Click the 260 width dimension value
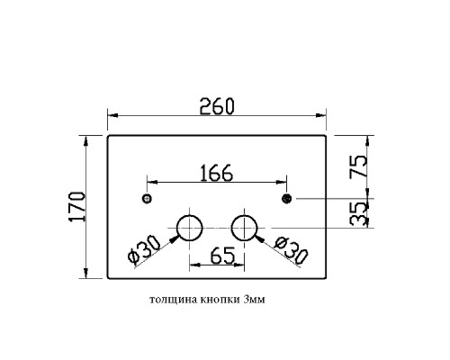[217, 106]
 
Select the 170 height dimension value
[77, 207]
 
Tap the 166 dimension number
[216, 173]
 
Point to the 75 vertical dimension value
[358, 166]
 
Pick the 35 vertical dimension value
[358, 214]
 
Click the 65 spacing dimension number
[222, 256]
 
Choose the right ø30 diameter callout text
[291, 251]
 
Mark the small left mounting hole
[147, 198]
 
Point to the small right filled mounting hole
[287, 198]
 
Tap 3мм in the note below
[255, 300]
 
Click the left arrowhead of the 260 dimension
[112, 115]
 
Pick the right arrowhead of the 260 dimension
[320, 115]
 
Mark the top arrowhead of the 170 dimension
[86, 141]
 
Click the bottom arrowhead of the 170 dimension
[86, 273]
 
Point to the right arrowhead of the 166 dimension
[281, 182]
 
